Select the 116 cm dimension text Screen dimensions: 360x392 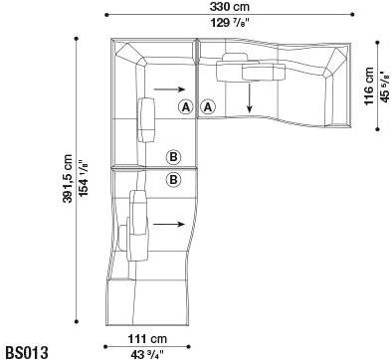click(x=369, y=87)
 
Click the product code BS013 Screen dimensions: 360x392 click(x=26, y=351)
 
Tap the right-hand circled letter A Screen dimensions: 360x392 click(x=208, y=106)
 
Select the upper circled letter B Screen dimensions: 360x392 click(x=173, y=156)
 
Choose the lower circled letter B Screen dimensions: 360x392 click(x=173, y=179)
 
